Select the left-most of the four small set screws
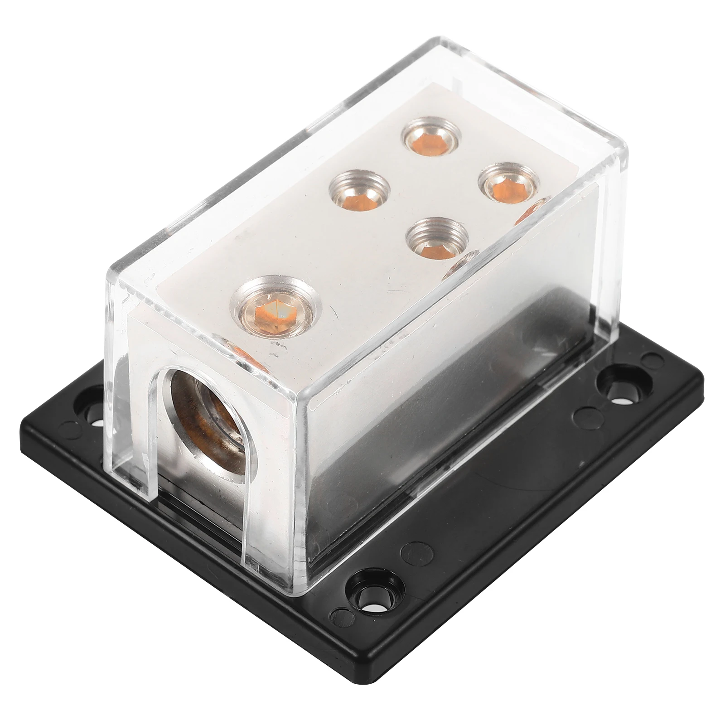360,190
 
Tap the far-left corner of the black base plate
23,435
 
